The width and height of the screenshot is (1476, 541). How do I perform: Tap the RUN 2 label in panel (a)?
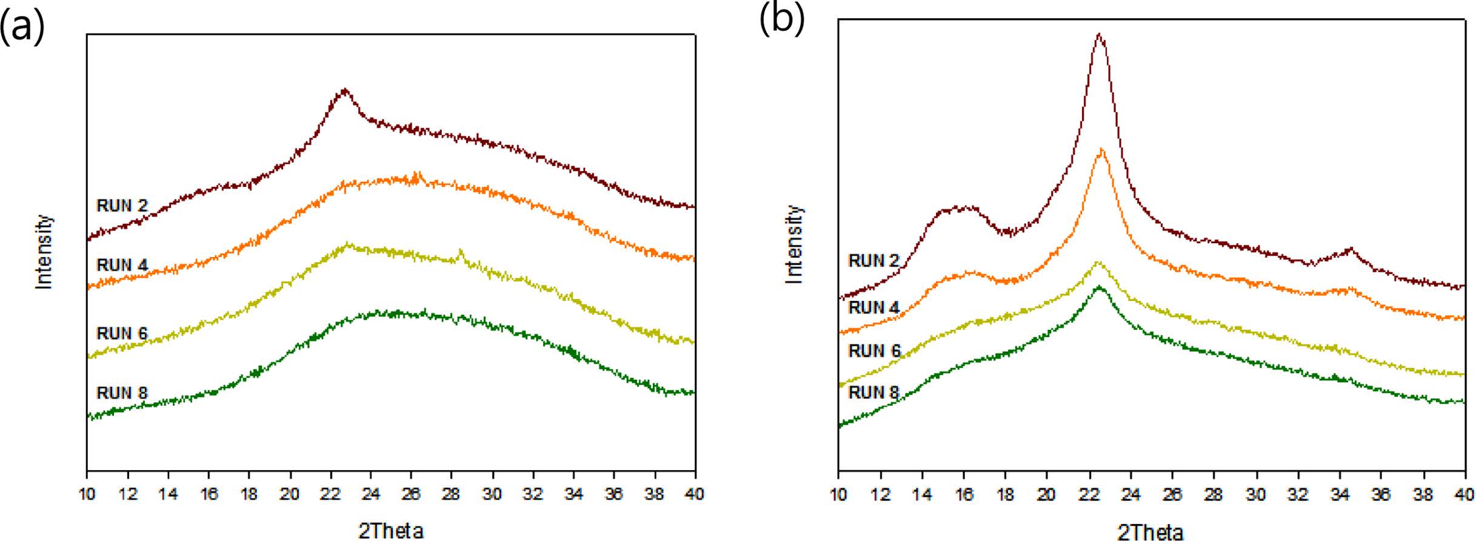pos(122,206)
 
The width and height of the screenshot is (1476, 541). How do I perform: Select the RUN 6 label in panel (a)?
pos(122,333)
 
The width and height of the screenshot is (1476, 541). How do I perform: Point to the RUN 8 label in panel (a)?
pos(122,393)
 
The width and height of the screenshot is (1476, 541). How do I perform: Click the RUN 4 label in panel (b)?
pos(873,307)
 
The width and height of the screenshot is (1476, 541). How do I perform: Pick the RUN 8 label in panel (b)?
pos(873,392)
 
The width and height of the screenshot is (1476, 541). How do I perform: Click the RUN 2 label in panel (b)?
pos(873,261)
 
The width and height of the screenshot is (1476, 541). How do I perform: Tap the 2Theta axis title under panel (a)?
pos(391,531)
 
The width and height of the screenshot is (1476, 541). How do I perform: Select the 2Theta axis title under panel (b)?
pos(1150,532)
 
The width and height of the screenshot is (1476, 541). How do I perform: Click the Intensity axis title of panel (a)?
pos(44,252)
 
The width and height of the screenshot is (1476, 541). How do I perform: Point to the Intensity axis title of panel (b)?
pos(794,244)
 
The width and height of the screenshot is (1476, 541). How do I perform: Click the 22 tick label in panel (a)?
pos(330,494)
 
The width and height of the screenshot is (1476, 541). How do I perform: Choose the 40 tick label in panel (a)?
pos(695,494)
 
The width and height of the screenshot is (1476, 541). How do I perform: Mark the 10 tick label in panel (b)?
pos(839,495)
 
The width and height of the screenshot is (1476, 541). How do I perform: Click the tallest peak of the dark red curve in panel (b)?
pos(1099,35)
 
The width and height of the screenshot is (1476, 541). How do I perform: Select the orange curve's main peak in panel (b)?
pos(1101,150)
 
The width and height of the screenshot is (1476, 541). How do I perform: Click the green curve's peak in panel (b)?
pos(1099,287)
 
